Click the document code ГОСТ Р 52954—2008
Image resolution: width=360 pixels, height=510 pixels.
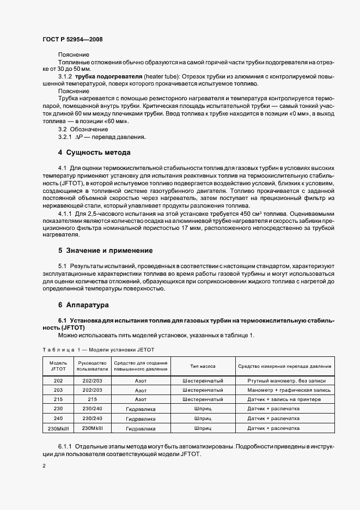[x=72, y=39]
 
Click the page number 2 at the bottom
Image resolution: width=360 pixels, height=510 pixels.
[x=44, y=466]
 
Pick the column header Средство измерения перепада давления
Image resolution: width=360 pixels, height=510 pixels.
[x=277, y=366]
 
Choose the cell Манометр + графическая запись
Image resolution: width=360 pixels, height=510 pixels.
[x=277, y=390]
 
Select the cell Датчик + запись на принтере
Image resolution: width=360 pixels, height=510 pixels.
[x=277, y=399]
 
